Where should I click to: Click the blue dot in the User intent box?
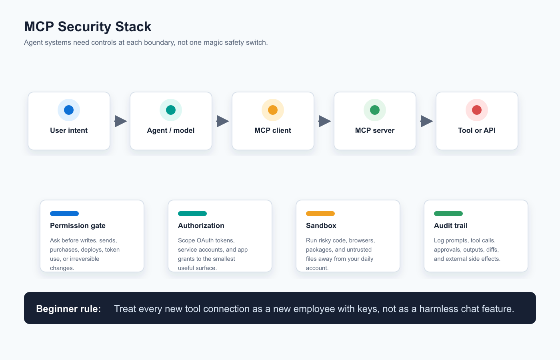tap(69, 110)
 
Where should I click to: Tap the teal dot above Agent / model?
tap(171, 110)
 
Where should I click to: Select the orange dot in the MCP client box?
tap(273, 110)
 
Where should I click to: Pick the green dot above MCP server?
tap(375, 110)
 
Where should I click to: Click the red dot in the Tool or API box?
tap(477, 110)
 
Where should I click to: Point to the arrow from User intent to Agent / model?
tap(120, 121)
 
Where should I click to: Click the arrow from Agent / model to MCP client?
tap(222, 121)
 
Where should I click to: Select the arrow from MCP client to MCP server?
tap(324, 121)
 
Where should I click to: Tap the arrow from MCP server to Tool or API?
tap(426, 121)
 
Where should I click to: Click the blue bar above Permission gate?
tap(64, 214)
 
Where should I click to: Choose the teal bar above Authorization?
tap(192, 214)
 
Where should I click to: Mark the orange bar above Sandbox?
tap(320, 214)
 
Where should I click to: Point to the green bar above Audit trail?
tap(448, 214)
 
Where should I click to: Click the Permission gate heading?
tap(78, 226)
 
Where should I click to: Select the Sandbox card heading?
tap(321, 226)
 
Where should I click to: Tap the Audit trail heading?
tap(451, 226)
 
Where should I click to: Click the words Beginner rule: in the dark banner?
tap(68, 309)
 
